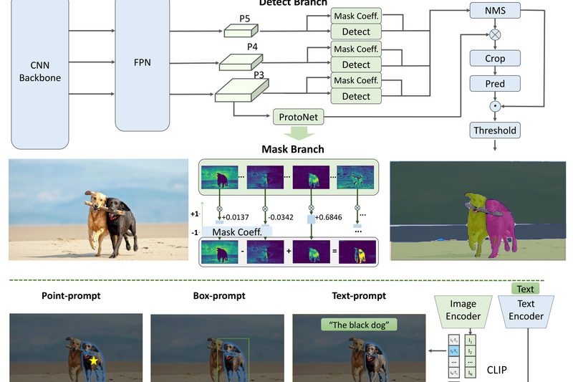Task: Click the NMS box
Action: (x=495, y=11)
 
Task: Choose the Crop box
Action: (x=495, y=59)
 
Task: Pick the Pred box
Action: (x=495, y=84)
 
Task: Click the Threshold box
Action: (x=495, y=130)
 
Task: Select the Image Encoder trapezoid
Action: (x=462, y=310)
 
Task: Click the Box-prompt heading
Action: (x=219, y=295)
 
